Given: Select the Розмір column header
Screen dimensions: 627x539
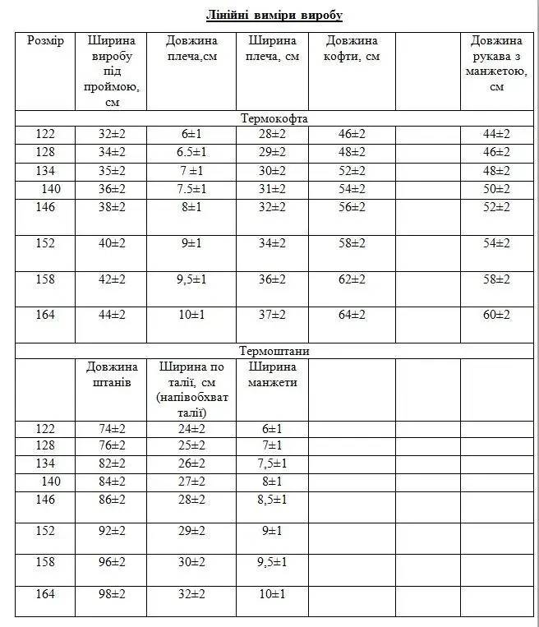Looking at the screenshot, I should click(x=45, y=41).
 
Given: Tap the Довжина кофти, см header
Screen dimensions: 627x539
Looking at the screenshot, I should click(x=352, y=48).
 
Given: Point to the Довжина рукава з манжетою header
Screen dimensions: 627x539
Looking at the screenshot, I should click(x=496, y=63).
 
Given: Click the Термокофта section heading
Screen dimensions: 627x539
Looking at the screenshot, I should click(x=274, y=118).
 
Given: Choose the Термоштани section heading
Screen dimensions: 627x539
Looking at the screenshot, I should click(x=274, y=351).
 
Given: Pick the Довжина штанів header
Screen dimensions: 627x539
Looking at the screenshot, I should click(x=112, y=375).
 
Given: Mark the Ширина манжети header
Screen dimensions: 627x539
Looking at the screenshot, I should click(x=272, y=375).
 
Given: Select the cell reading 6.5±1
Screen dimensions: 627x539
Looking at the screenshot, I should click(x=191, y=152).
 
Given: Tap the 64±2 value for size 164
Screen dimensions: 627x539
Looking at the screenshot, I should click(x=352, y=315).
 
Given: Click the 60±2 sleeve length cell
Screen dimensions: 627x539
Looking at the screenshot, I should click(x=496, y=315).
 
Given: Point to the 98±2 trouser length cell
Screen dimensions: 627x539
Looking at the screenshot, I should click(x=112, y=594).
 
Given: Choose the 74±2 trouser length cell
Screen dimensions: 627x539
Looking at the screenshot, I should click(x=112, y=428).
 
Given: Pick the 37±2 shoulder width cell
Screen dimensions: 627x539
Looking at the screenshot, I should click(x=272, y=315).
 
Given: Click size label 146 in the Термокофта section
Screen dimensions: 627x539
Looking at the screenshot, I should click(x=45, y=207).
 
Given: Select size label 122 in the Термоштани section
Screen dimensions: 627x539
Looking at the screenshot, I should click(x=45, y=428).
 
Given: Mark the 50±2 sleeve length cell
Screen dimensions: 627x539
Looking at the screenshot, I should click(x=496, y=189).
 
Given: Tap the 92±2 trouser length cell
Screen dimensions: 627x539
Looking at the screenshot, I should click(x=112, y=530).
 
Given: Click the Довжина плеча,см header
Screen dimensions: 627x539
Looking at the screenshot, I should click(x=191, y=48).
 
